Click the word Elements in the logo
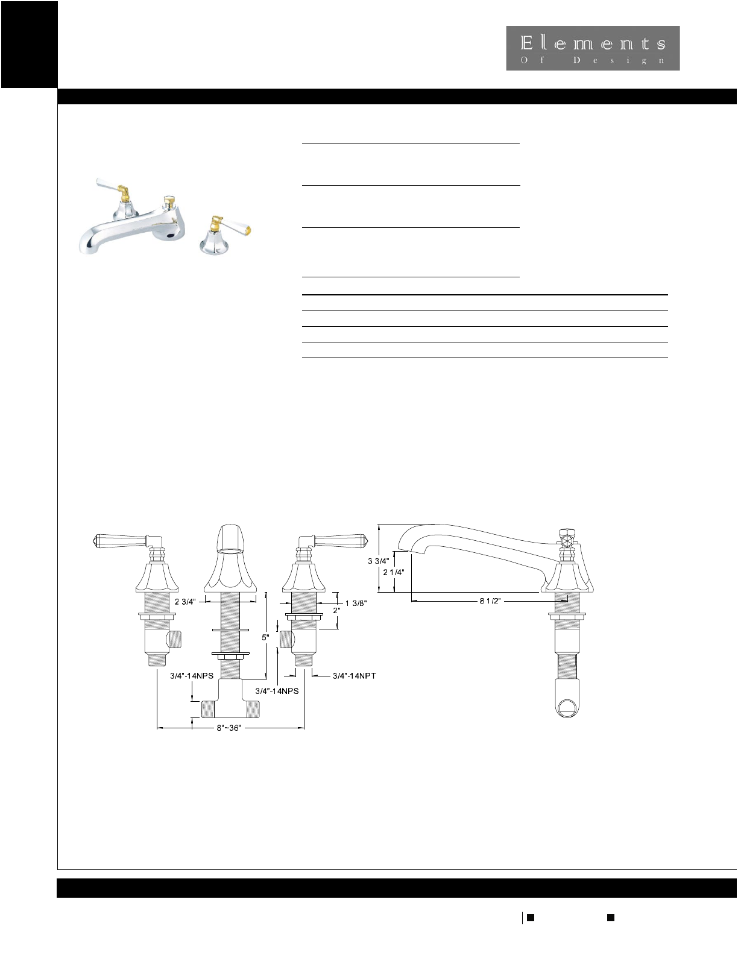(x=593, y=43)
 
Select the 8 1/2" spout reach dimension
(x=490, y=600)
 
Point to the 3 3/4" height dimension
(x=379, y=561)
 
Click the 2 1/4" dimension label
(x=393, y=572)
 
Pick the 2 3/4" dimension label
(x=185, y=602)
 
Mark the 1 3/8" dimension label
(x=356, y=604)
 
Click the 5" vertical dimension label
(x=265, y=637)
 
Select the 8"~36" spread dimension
(x=229, y=728)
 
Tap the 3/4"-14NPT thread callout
(x=355, y=676)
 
